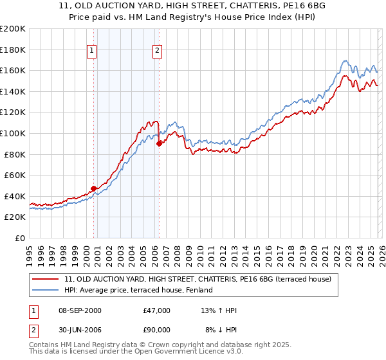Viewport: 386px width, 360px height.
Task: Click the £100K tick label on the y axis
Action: pyautogui.click(x=13, y=133)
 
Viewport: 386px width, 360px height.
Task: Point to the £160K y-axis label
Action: pyautogui.click(x=13, y=70)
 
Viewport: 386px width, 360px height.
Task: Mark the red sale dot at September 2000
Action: pyautogui.click(x=94, y=188)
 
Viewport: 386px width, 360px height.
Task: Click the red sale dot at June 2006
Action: pyautogui.click(x=159, y=143)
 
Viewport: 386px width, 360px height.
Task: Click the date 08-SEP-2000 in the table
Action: pyautogui.click(x=79, y=310)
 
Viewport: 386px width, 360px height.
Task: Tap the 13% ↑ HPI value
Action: pyautogui.click(x=219, y=310)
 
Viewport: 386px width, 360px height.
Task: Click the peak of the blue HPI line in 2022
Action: pyautogui.click(x=345, y=61)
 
